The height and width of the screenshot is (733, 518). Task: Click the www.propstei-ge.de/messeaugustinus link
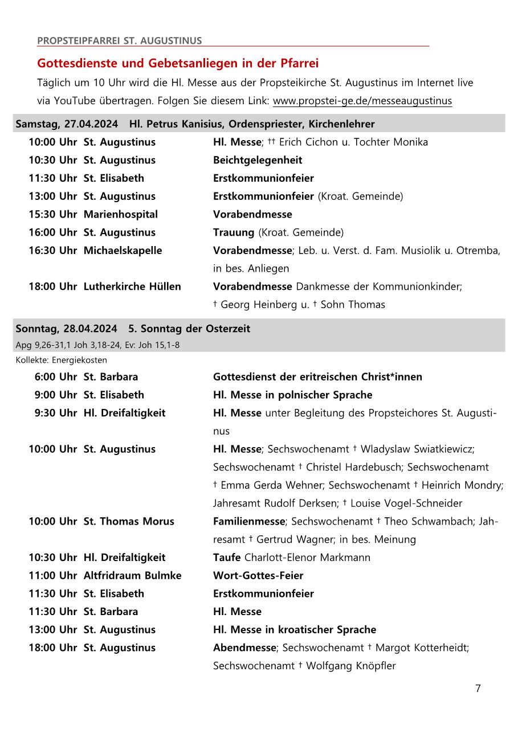362,101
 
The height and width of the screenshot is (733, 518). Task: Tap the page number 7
478,689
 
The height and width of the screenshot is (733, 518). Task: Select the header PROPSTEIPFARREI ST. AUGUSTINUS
120,41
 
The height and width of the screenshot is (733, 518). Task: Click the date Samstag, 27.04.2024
67,124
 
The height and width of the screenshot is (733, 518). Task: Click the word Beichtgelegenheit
258,160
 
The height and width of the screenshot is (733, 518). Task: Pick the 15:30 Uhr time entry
53,214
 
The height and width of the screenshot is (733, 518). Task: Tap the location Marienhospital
121,214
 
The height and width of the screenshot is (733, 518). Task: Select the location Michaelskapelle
123,251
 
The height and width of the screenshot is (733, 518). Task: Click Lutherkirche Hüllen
132,286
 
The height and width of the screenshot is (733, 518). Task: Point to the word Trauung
234,232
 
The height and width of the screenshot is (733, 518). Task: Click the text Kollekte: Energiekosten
62,360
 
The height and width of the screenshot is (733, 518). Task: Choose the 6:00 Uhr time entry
55,377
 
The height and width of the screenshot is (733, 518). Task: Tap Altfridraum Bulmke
133,575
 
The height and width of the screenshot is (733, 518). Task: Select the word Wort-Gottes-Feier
258,575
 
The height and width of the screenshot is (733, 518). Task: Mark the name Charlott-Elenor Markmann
307,558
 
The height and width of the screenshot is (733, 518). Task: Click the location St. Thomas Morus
129,521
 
